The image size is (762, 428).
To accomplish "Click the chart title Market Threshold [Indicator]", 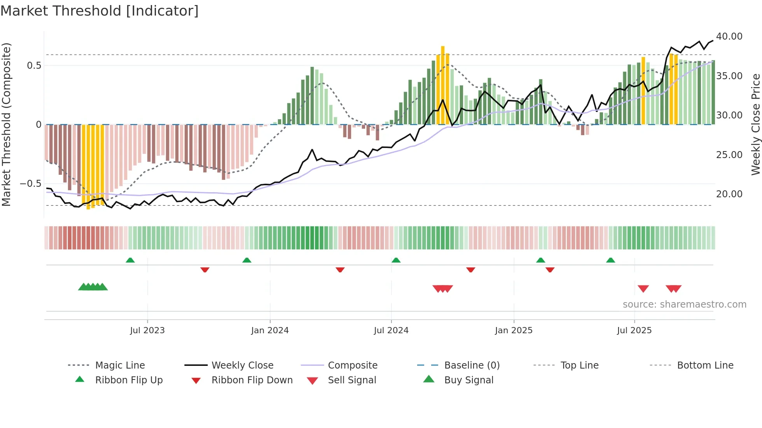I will click(x=100, y=11).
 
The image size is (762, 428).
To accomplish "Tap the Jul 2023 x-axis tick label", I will click(x=147, y=330).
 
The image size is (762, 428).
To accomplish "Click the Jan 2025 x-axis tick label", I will click(x=514, y=330).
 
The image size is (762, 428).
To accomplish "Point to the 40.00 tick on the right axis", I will click(x=729, y=36).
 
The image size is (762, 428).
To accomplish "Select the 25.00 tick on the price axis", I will click(x=729, y=155).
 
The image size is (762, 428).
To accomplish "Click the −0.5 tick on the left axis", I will click(x=30, y=183).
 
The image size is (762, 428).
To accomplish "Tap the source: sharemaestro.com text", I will click(x=684, y=304).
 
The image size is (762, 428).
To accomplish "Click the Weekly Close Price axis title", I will click(x=755, y=124).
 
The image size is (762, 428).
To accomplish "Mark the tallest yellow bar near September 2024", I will click(x=443, y=85).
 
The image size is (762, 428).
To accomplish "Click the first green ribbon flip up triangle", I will click(x=130, y=260).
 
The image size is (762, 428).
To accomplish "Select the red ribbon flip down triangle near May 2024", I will click(x=340, y=270).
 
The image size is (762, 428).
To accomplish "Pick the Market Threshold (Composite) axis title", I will click(x=6, y=124).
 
